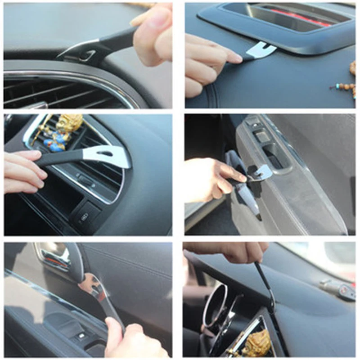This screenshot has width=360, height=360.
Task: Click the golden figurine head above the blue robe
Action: (70, 123)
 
